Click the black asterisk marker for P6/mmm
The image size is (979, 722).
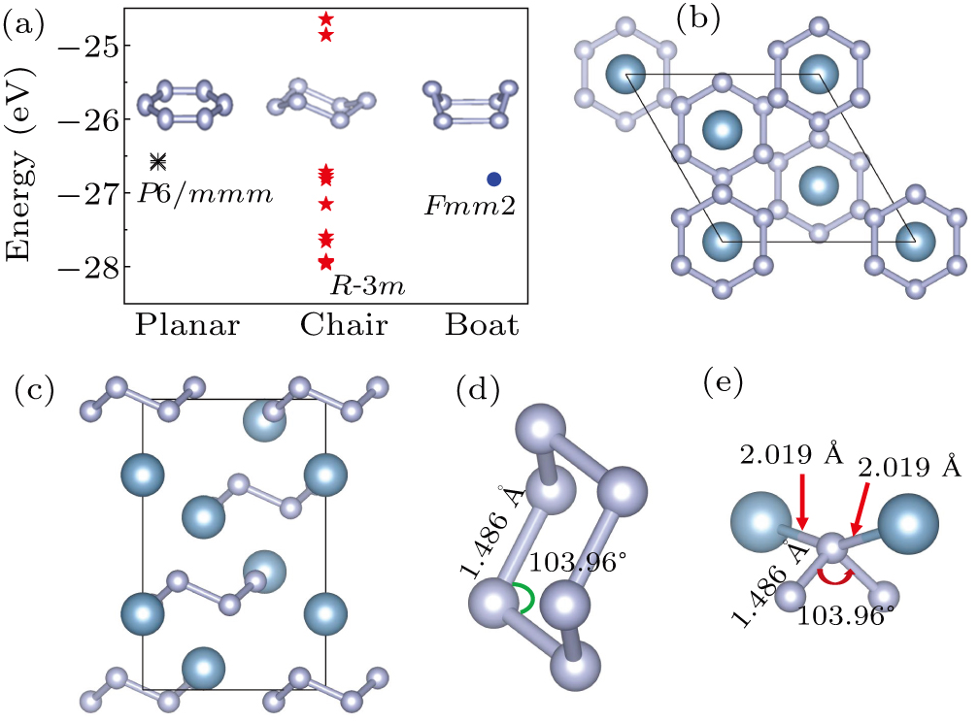pyautogui.click(x=158, y=161)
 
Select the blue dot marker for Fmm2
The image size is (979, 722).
pyautogui.click(x=494, y=179)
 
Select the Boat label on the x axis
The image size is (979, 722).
pyautogui.click(x=482, y=326)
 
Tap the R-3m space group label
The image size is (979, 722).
pyautogui.click(x=366, y=286)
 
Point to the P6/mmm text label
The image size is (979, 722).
pyautogui.click(x=204, y=192)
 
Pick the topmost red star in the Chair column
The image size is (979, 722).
pyautogui.click(x=326, y=19)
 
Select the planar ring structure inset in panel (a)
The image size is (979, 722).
pyautogui.click(x=186, y=104)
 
